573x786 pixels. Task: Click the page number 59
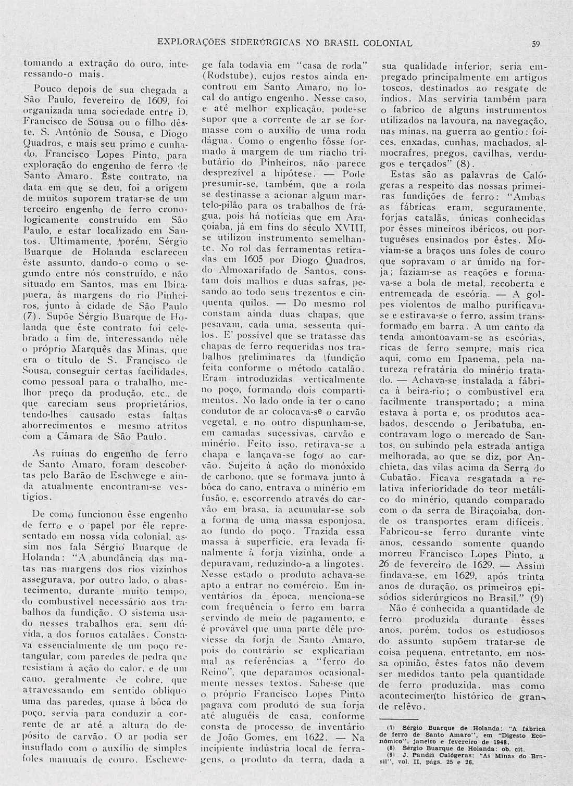536,44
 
